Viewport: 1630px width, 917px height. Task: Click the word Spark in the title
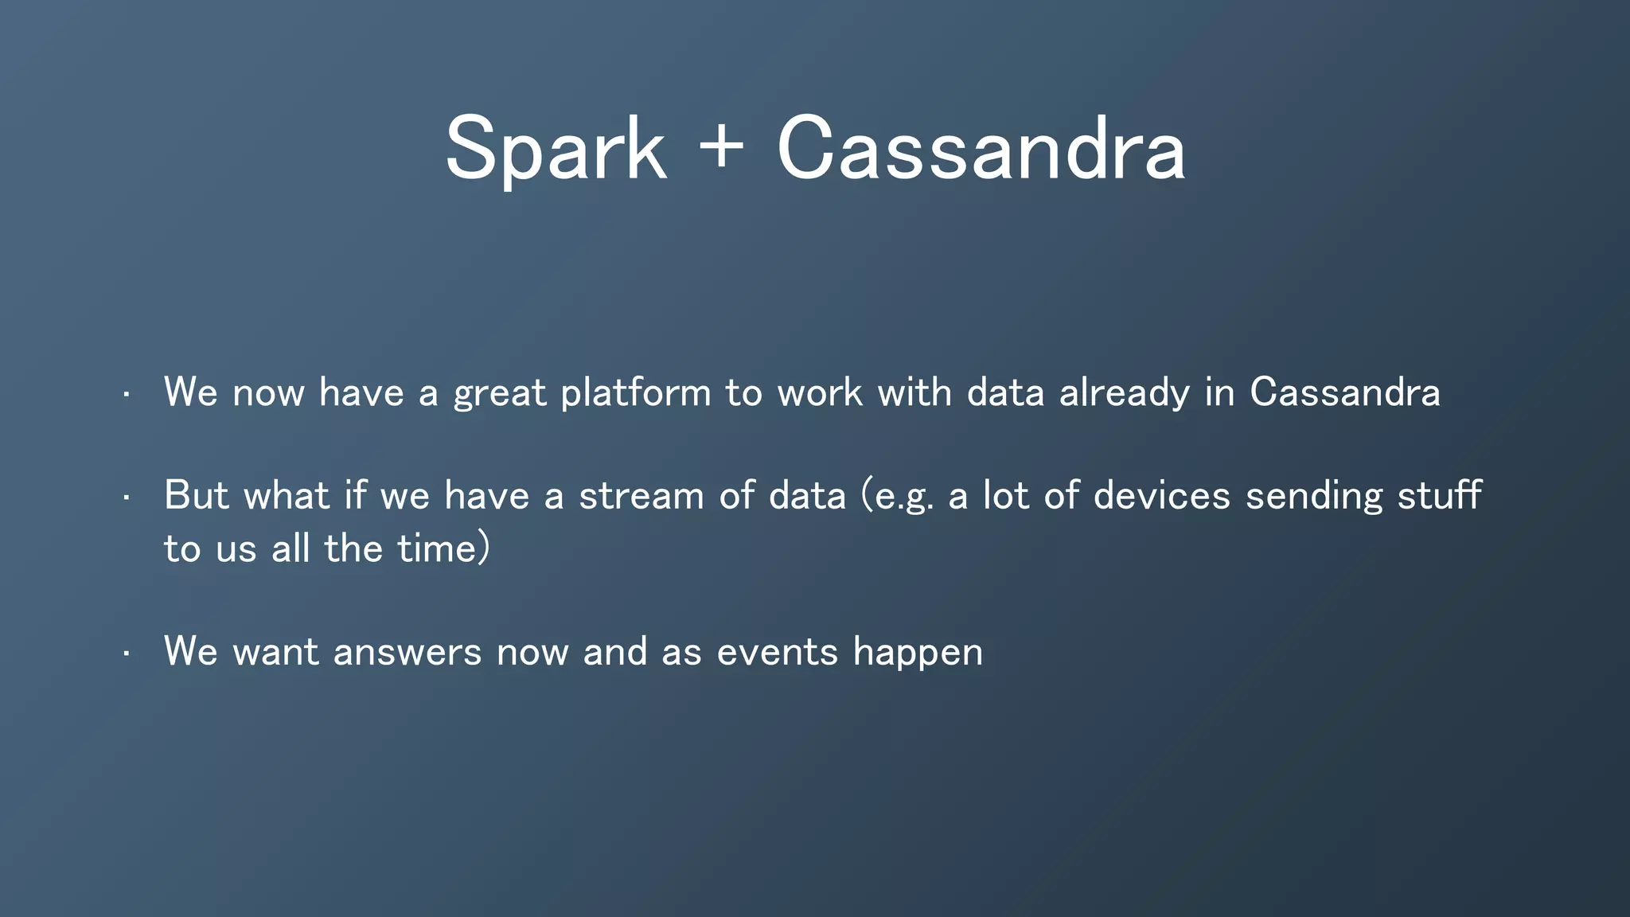click(x=555, y=150)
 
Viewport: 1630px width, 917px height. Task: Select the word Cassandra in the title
click(x=981, y=150)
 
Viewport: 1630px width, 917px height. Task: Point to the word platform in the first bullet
click(x=635, y=393)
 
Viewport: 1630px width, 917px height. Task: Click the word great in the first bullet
click(x=500, y=393)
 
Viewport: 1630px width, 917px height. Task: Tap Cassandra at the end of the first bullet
click(x=1344, y=392)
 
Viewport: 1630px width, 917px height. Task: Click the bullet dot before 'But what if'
click(x=126, y=498)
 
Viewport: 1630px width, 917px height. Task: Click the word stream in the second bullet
click(x=641, y=495)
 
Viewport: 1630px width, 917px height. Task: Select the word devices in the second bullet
click(x=1162, y=495)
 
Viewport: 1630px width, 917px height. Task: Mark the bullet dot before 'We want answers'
click(x=126, y=654)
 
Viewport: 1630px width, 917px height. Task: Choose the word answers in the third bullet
click(x=407, y=652)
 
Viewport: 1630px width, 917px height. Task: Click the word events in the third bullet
click(x=777, y=652)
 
